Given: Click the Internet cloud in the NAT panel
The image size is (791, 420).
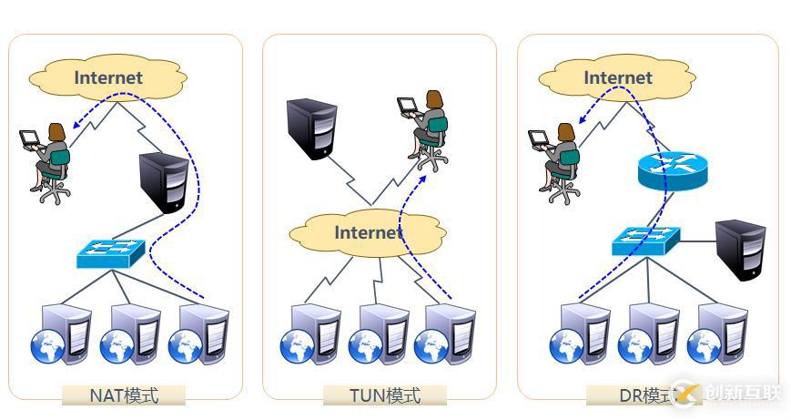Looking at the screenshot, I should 107,78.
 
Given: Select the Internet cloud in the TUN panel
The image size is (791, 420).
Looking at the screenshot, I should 367,232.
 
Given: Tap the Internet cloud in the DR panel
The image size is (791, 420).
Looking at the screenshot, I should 617,78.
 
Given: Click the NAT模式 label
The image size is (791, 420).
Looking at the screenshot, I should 124,395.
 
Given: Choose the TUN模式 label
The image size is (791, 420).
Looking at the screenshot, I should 385,395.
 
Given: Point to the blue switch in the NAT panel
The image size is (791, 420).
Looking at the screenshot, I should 106,252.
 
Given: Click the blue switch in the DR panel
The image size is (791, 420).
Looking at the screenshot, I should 644,241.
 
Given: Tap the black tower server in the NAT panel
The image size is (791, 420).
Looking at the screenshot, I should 165,183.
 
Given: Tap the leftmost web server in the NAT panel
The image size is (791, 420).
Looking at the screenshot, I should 59,334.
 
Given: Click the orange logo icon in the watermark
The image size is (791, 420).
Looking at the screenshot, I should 688,394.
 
